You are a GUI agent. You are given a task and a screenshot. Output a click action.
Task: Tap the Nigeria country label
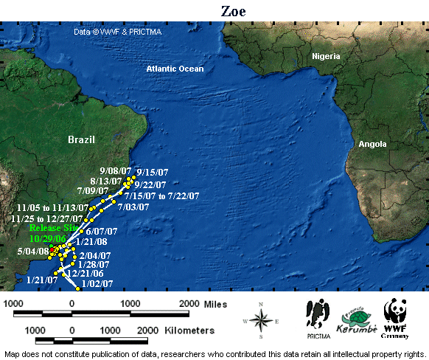(326, 57)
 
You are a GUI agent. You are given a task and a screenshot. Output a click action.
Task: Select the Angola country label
(372, 145)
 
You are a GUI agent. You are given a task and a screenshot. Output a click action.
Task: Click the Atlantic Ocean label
(175, 69)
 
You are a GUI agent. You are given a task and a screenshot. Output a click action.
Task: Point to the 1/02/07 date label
(97, 283)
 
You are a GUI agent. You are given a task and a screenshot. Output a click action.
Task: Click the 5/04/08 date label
(32, 252)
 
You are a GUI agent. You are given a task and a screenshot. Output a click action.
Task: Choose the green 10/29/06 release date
(47, 239)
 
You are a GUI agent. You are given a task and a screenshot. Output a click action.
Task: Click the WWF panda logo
(396, 314)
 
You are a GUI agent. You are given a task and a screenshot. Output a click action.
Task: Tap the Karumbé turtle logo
(352, 318)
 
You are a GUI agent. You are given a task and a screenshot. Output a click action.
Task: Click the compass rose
(261, 319)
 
